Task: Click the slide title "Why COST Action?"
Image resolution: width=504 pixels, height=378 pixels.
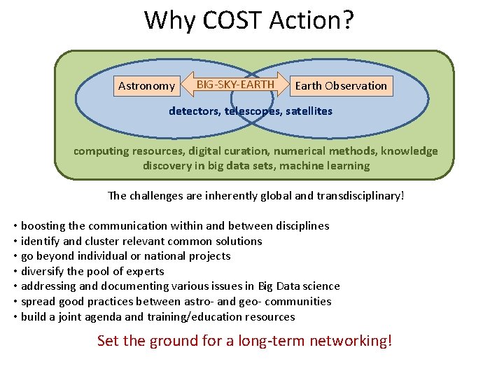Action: pyautogui.click(x=249, y=20)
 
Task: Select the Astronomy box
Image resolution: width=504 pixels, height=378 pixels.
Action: pyautogui.click(x=146, y=86)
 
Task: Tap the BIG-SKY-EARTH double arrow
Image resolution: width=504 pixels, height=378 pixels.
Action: pyautogui.click(x=235, y=85)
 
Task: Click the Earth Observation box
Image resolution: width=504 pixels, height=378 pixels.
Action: pyautogui.click(x=341, y=86)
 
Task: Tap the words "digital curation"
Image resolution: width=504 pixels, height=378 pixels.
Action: pyautogui.click(x=232, y=151)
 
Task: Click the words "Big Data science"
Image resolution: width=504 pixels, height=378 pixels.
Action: pyautogui.click(x=299, y=286)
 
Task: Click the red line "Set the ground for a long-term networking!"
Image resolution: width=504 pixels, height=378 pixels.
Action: pyautogui.click(x=244, y=341)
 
